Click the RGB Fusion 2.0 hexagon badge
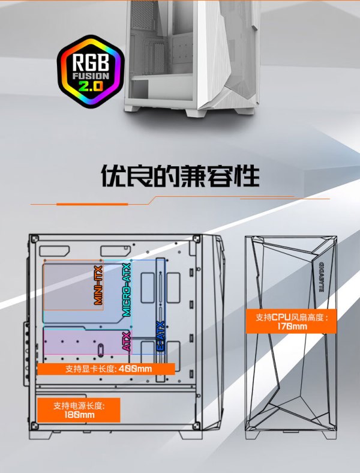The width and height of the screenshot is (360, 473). point(91,71)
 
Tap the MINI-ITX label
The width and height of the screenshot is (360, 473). point(98,285)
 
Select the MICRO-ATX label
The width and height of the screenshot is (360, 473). point(127,289)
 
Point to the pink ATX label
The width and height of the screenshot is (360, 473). point(127,341)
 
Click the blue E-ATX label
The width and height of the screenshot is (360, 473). point(161,336)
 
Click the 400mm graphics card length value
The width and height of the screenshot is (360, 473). point(136,369)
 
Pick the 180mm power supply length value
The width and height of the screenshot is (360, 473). point(79,415)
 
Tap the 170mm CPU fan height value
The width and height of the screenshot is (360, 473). point(292,326)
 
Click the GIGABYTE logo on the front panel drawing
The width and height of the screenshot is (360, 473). point(321,277)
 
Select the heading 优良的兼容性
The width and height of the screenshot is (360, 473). point(180,175)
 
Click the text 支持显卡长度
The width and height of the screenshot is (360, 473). point(91,369)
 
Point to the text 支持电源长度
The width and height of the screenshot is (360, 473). point(79,406)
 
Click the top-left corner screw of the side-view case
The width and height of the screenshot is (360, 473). point(34,240)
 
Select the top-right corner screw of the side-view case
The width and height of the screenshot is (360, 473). point(196,239)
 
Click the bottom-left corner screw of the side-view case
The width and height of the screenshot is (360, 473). point(34,426)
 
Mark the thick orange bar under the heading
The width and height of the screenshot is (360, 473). point(92,204)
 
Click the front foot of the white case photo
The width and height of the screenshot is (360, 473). point(196,112)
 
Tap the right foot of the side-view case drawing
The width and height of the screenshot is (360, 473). point(191,435)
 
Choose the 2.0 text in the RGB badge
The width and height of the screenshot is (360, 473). point(91,86)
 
